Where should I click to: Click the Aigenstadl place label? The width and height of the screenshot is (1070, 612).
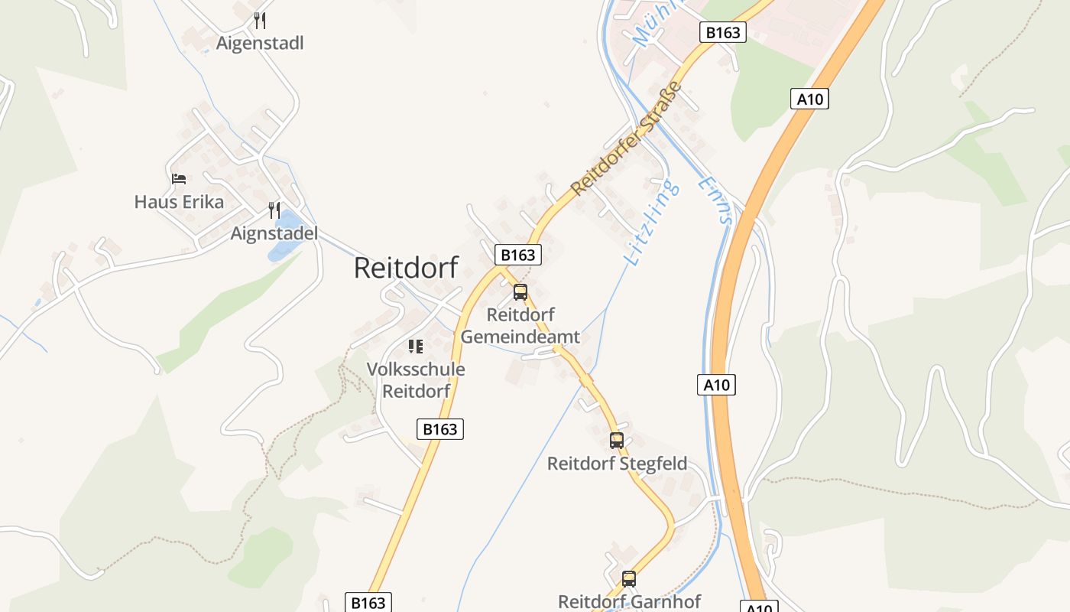260,43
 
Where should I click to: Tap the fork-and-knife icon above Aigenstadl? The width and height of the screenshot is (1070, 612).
260,20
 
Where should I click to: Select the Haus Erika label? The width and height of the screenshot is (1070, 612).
179,202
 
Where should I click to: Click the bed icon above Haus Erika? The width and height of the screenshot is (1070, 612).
179,179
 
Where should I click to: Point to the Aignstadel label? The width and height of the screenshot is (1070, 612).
274,233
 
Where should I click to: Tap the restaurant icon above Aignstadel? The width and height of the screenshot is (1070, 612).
274,210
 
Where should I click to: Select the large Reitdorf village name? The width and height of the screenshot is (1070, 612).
406,268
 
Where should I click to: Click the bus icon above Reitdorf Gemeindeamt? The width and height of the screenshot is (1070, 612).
520,291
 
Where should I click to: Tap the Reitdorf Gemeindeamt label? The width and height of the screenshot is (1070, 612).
520,326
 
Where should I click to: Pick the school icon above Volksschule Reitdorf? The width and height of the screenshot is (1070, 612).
416,347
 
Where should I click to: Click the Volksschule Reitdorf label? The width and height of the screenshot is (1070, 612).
416,380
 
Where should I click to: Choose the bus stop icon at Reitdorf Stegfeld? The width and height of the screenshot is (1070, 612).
617,441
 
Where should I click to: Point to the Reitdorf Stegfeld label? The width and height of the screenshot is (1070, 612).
617,464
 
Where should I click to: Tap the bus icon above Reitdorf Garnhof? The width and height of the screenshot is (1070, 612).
629,579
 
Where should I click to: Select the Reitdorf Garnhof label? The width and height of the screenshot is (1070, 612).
629,602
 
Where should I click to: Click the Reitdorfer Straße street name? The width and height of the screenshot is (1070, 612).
625,138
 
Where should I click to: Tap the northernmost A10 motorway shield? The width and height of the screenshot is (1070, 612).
809,99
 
